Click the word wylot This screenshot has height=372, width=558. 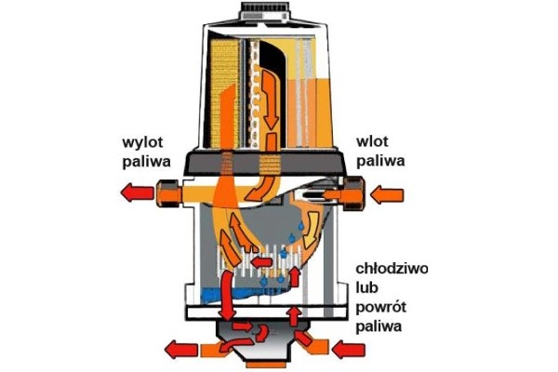coord(143,142)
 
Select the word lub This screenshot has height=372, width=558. coord(370,288)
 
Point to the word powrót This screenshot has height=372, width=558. coord(383,308)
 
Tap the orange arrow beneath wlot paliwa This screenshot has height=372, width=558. coord(389,194)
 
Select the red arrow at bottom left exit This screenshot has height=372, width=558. coord(180,351)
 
